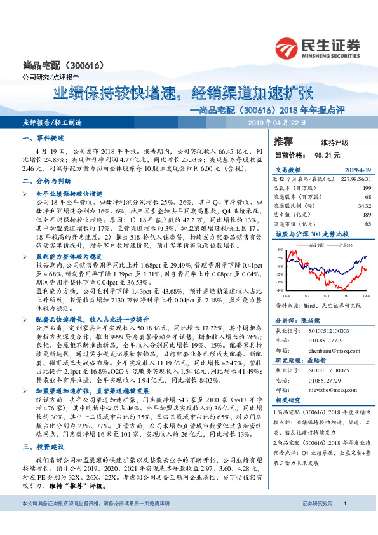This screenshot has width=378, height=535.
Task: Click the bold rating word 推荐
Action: [284, 141]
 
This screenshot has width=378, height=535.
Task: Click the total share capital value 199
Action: [348, 188]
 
